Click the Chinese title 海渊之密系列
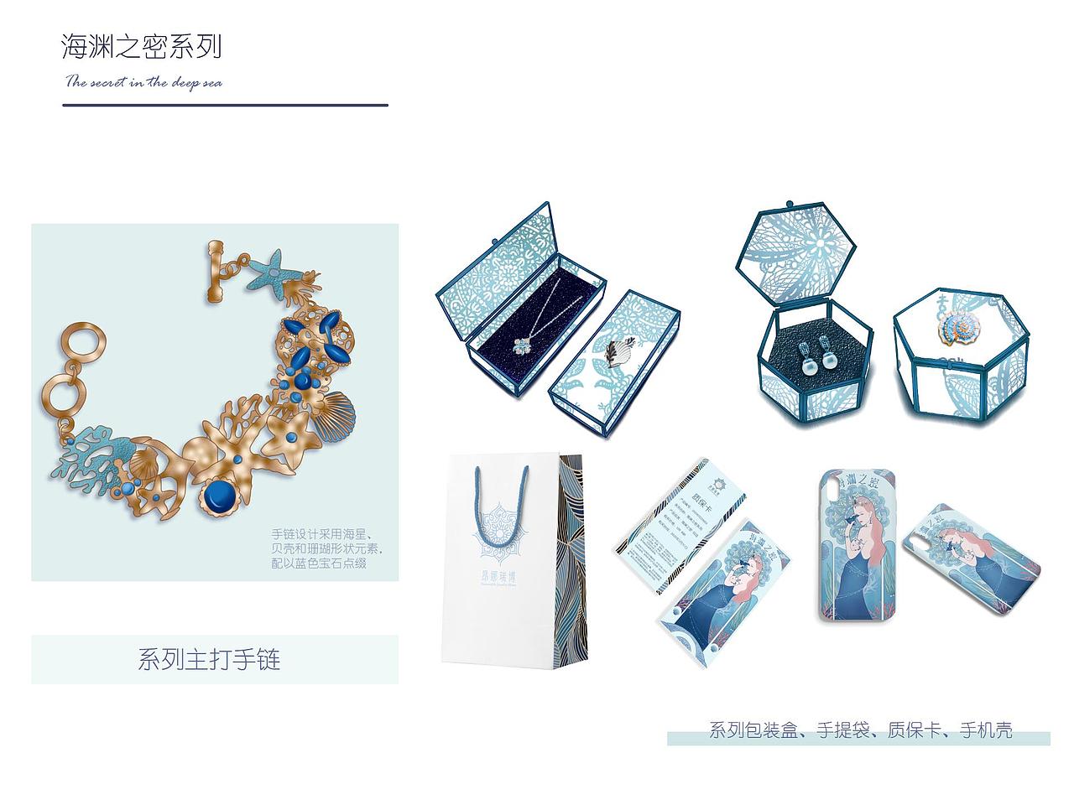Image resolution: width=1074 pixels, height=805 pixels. tap(142, 46)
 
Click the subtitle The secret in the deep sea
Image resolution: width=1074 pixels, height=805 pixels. tap(143, 82)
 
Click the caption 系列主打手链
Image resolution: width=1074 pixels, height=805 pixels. tap(209, 659)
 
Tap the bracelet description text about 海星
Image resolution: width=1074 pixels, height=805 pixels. tap(326, 548)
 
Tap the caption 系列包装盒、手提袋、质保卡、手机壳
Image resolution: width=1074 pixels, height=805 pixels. tap(860, 730)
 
